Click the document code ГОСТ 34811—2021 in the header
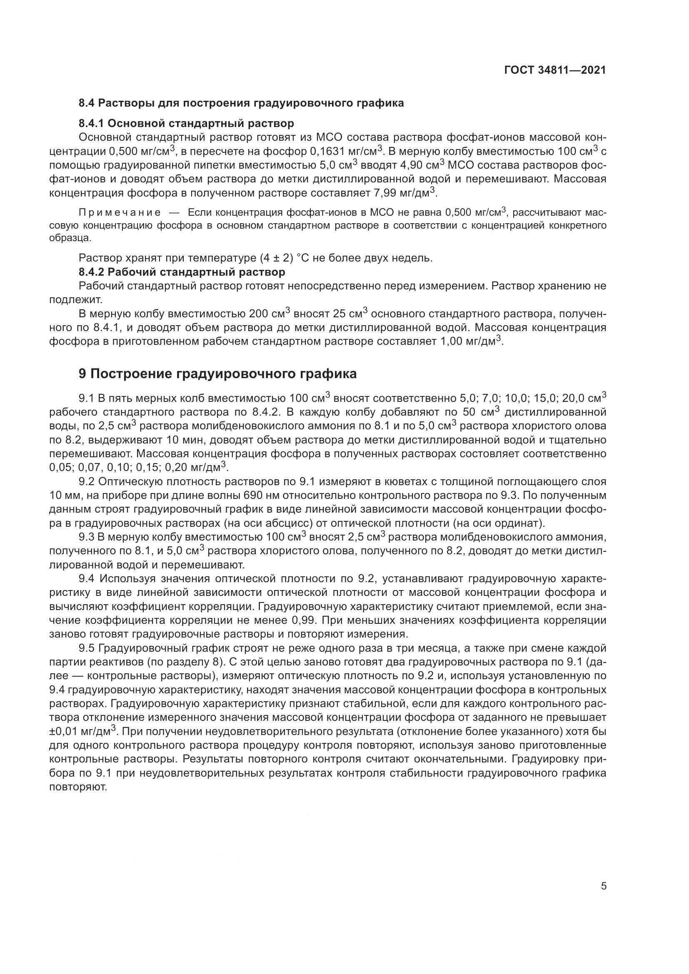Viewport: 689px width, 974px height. (x=555, y=70)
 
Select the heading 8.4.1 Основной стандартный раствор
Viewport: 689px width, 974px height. (x=186, y=123)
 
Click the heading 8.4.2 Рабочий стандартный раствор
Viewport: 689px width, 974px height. (x=182, y=272)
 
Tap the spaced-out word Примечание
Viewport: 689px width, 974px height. (x=120, y=212)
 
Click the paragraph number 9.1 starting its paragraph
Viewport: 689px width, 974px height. (x=87, y=399)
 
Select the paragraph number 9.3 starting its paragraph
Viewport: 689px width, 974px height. (x=87, y=537)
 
